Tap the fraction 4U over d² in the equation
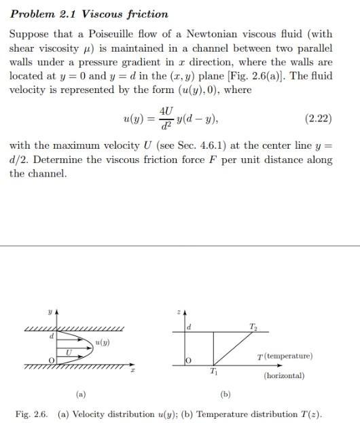click(x=166, y=118)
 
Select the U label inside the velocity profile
click(x=68, y=352)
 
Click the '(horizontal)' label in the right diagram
click(x=283, y=375)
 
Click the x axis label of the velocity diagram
click(x=133, y=371)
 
